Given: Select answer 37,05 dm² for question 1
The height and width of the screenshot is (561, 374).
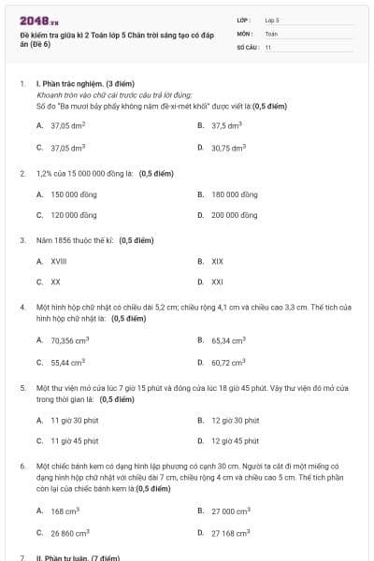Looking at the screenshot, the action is click(67, 124).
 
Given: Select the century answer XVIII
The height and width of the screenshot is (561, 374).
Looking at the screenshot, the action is click(58, 262).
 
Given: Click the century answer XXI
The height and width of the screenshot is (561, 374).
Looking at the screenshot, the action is click(217, 281).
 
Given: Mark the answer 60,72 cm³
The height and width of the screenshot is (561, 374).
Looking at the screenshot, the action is click(228, 362).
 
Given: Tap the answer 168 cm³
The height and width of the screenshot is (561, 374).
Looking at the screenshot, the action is click(65, 511).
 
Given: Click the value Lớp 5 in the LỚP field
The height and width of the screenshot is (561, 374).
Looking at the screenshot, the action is click(272, 19).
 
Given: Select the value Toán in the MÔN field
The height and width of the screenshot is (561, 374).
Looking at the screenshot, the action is click(271, 33).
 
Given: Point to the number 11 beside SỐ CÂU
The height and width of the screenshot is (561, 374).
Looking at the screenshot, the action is click(267, 47).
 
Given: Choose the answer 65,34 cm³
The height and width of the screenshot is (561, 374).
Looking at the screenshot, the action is click(228, 341).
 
